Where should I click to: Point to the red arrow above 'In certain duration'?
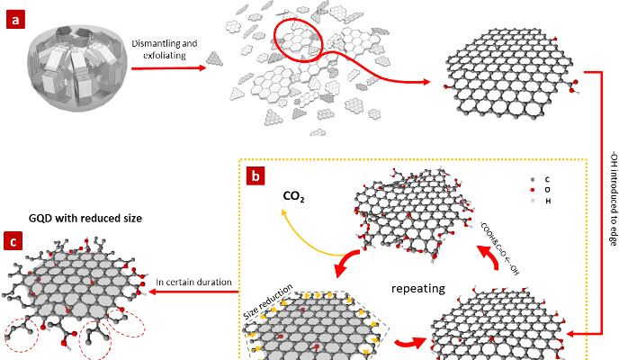(x=193, y=294)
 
